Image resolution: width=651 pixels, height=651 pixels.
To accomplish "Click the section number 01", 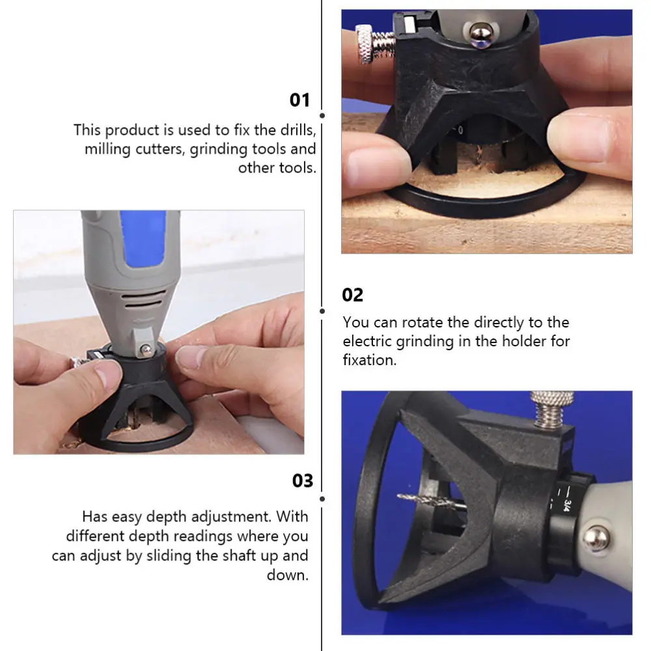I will pos(300,100).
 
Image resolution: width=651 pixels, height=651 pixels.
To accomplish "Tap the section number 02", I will pos(353,295).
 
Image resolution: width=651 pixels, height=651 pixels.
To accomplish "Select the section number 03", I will pos(303,481).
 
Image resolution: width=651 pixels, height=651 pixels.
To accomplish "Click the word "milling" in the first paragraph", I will pos(106,149).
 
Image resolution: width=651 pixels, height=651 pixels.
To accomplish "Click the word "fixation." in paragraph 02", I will pos(369,360).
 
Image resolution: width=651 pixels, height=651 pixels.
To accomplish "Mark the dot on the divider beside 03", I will pos(322,499).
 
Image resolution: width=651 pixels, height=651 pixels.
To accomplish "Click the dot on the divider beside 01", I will pos(322,115).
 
